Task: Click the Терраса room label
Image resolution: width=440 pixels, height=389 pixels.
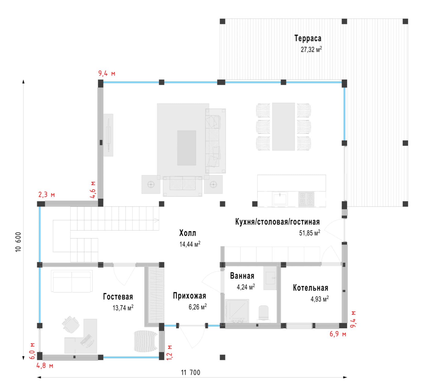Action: point(308,38)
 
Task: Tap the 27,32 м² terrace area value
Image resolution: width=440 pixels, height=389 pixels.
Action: point(311,49)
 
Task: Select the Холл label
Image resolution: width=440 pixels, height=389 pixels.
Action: point(188,233)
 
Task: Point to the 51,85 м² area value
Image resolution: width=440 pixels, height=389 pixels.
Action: point(309,233)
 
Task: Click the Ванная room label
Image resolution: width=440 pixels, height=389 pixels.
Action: point(242,276)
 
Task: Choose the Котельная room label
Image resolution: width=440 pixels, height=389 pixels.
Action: point(310,288)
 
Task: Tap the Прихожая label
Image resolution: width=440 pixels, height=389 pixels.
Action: point(189,296)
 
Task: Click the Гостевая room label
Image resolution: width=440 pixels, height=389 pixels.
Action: point(118,297)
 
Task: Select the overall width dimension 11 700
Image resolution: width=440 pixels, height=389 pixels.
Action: point(190,373)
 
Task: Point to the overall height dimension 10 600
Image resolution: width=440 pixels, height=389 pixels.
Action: point(18,242)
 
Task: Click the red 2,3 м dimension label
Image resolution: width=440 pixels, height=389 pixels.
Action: point(47,195)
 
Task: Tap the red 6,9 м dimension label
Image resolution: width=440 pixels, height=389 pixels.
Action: point(338,334)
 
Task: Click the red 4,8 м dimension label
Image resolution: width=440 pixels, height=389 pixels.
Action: point(45,366)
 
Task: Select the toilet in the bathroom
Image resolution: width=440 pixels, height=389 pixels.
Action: point(263,313)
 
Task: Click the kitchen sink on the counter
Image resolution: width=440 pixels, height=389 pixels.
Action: point(280,199)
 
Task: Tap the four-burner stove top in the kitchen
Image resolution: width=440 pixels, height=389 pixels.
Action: point(306,199)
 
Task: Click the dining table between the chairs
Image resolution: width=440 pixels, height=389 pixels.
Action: point(283,126)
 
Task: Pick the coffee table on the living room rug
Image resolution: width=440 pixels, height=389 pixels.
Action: point(186,148)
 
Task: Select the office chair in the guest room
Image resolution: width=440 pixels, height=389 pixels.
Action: point(71,324)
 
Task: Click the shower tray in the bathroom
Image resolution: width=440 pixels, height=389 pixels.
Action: point(237,311)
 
